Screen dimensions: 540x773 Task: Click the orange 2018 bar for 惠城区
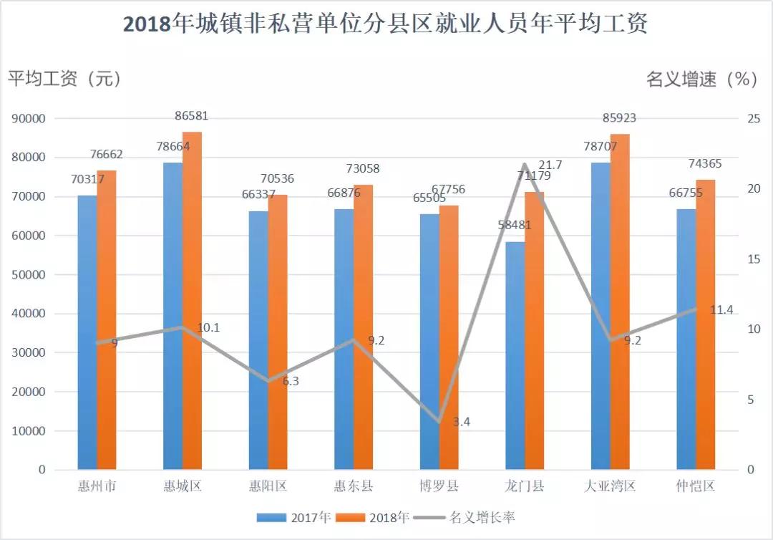click(192, 301)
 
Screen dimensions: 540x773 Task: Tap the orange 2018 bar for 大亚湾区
click(620, 301)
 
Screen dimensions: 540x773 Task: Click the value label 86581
click(191, 116)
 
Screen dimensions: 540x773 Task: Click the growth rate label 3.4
click(462, 422)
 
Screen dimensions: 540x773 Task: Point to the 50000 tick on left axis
click(28, 275)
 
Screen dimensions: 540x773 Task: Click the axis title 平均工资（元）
click(65, 79)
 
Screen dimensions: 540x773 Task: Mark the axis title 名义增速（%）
click(701, 79)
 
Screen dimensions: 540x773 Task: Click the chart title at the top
click(386, 24)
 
